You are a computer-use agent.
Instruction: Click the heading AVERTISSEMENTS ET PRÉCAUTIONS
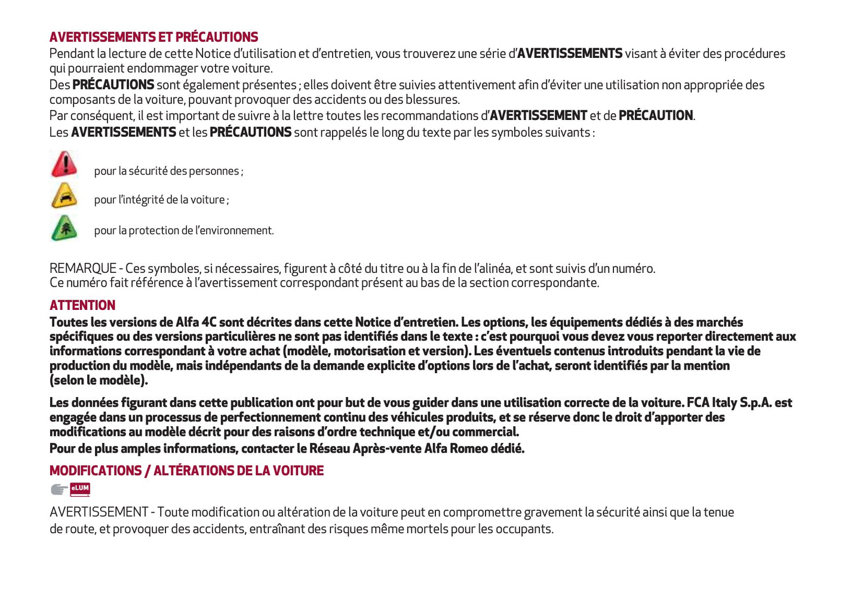point(153,37)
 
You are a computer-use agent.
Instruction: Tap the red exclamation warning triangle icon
point(64,164)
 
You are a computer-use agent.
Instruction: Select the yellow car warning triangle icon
point(64,195)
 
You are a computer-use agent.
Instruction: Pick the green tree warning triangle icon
point(64,228)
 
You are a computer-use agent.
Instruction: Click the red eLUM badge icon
point(80,489)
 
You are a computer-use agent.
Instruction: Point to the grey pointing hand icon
point(59,490)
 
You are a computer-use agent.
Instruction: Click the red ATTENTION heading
point(82,305)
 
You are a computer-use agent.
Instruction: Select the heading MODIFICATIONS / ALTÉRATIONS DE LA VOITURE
point(186,470)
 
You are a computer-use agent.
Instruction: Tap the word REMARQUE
point(82,269)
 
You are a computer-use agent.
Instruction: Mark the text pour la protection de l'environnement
point(183,230)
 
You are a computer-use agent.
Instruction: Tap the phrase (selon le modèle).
point(99,380)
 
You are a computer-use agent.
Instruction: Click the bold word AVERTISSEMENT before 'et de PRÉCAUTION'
point(538,116)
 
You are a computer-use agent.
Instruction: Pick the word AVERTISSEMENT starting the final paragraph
point(99,512)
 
